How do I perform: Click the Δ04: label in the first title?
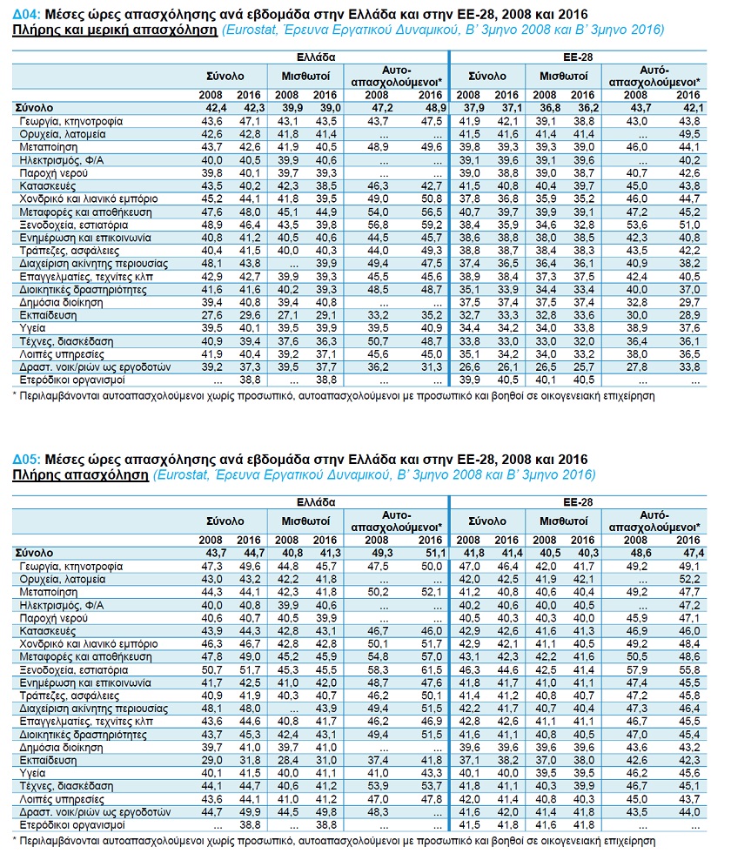tap(26, 15)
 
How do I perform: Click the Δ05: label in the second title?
tap(26, 460)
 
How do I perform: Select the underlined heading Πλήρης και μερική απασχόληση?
tap(115, 30)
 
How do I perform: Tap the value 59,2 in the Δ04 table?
tap(432, 225)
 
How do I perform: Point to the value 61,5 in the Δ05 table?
tap(432, 670)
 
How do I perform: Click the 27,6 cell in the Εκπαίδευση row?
tap(211, 316)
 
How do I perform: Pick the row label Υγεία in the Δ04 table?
tap(32, 329)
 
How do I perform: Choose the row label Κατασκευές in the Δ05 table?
tap(48, 631)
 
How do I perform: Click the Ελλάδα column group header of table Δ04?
tap(316, 57)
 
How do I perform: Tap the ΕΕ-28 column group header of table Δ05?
tap(578, 502)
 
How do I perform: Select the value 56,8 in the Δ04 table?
tap(379, 225)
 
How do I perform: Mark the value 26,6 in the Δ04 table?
tap(469, 367)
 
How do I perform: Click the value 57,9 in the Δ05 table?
tap(636, 670)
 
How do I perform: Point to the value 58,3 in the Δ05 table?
tap(379, 670)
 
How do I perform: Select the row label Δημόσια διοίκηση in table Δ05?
tap(62, 748)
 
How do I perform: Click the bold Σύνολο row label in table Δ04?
tap(34, 108)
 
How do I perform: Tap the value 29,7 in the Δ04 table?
tap(689, 303)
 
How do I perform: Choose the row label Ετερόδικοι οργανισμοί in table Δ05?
tap(72, 825)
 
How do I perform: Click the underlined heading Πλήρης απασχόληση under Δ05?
tap(81, 475)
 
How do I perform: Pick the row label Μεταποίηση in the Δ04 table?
tap(49, 148)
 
